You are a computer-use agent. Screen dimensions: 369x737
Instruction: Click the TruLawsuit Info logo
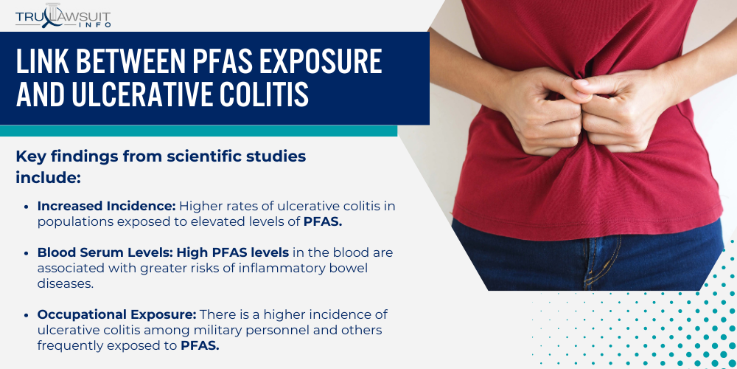(63, 15)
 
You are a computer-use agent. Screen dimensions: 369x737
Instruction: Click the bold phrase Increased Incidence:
(106, 206)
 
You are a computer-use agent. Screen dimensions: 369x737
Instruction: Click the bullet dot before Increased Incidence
(27, 206)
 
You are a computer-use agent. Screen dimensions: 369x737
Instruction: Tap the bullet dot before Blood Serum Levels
(27, 252)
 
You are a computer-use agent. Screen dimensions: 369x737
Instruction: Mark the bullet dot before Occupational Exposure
(27, 315)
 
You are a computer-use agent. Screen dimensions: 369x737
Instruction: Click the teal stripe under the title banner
(199, 131)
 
